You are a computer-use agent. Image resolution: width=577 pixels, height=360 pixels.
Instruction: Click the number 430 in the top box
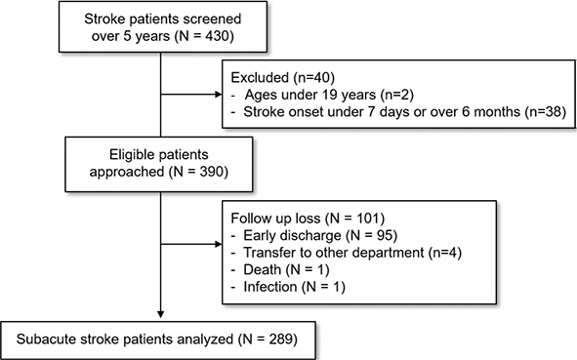point(216,36)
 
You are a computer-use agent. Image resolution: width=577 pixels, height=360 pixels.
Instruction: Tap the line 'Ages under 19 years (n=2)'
point(329,95)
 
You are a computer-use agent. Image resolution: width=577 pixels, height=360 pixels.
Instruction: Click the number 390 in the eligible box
point(210,172)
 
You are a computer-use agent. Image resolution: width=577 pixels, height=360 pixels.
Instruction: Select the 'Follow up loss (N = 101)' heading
point(308,219)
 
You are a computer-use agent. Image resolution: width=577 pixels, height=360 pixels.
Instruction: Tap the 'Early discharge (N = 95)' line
point(320,235)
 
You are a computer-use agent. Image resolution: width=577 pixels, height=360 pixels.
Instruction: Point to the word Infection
point(270,287)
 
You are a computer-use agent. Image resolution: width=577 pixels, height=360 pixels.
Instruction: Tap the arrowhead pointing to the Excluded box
point(219,95)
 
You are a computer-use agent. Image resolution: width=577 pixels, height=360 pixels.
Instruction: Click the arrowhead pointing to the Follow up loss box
point(219,244)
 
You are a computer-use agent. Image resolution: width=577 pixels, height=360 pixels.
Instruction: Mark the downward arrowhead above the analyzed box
point(160,314)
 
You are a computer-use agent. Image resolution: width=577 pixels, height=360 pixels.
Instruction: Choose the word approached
point(127,173)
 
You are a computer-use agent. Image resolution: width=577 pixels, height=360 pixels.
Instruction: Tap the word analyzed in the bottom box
point(205,340)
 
